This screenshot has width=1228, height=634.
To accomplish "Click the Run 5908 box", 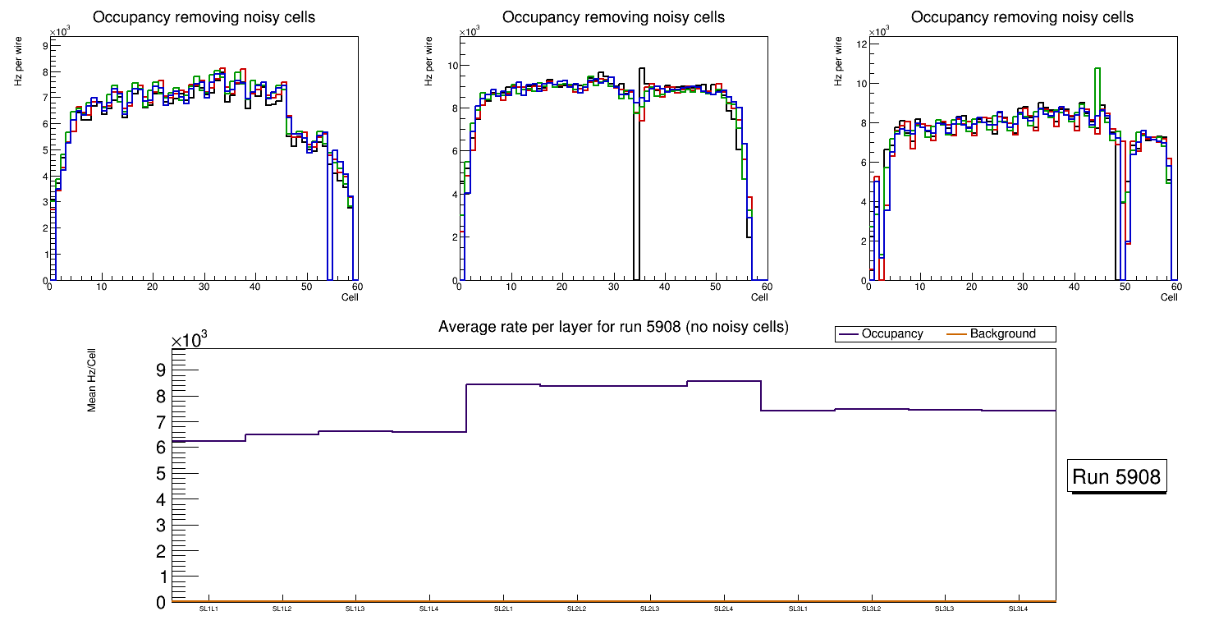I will (1117, 476).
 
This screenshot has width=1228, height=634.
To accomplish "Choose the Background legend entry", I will (1002, 334).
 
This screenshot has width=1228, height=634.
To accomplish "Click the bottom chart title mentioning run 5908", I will (613, 327).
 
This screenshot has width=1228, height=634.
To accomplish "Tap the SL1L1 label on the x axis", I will (209, 609).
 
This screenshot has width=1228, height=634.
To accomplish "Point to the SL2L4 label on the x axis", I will (723, 609).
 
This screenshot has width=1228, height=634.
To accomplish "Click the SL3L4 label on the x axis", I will (1019, 609).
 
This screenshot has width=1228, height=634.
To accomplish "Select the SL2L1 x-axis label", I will (503, 609).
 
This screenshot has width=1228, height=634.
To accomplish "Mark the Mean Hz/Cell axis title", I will (92, 384).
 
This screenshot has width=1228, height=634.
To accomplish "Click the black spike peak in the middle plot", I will (642, 70).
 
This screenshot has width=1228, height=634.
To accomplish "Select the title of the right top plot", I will (1022, 17).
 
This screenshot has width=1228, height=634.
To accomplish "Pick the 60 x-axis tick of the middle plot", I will (766, 287).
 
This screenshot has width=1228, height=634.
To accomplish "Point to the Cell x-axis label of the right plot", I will (1169, 297).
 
